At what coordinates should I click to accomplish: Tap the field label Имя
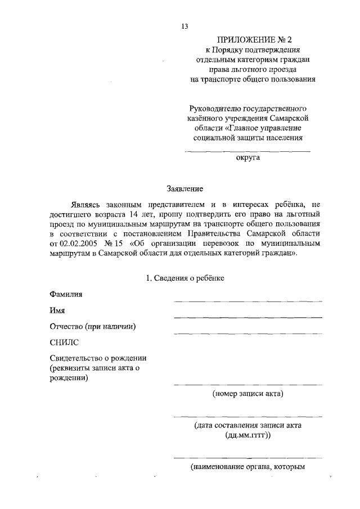click(x=57, y=310)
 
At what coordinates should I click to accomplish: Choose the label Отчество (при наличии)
click(x=93, y=326)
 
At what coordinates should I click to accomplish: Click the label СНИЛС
click(x=64, y=342)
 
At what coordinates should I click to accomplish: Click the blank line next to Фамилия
click(x=248, y=301)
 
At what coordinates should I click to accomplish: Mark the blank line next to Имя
click(x=248, y=318)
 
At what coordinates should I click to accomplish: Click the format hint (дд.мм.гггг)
click(x=248, y=435)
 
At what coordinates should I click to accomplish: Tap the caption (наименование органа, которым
click(x=248, y=467)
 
